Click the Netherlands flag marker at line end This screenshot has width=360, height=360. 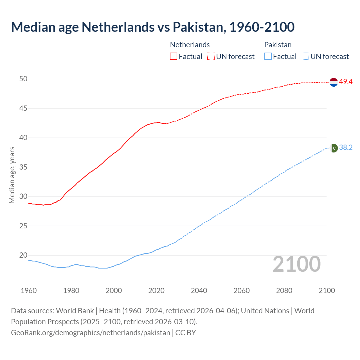[334, 82]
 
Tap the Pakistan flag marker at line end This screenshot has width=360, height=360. [334, 148]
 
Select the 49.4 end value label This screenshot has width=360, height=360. [346, 82]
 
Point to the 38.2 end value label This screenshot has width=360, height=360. [346, 148]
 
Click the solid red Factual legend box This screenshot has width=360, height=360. [174, 57]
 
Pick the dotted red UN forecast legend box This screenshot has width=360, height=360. [211, 57]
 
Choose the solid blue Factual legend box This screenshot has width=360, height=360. [268, 57]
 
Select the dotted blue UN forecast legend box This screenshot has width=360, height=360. [305, 57]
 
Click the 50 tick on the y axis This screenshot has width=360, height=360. [23, 79]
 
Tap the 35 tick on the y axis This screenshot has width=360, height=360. [23, 167]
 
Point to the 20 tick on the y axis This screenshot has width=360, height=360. [23, 255]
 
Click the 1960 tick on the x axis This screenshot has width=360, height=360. [29, 291]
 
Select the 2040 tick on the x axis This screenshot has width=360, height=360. [199, 291]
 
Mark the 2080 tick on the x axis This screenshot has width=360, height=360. [284, 291]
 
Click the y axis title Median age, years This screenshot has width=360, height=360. [12, 175]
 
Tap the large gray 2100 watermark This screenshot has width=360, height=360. [297, 264]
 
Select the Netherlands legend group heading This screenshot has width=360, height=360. [190, 45]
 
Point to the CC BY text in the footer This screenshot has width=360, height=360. [186, 333]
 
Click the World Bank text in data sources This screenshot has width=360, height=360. [75, 311]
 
